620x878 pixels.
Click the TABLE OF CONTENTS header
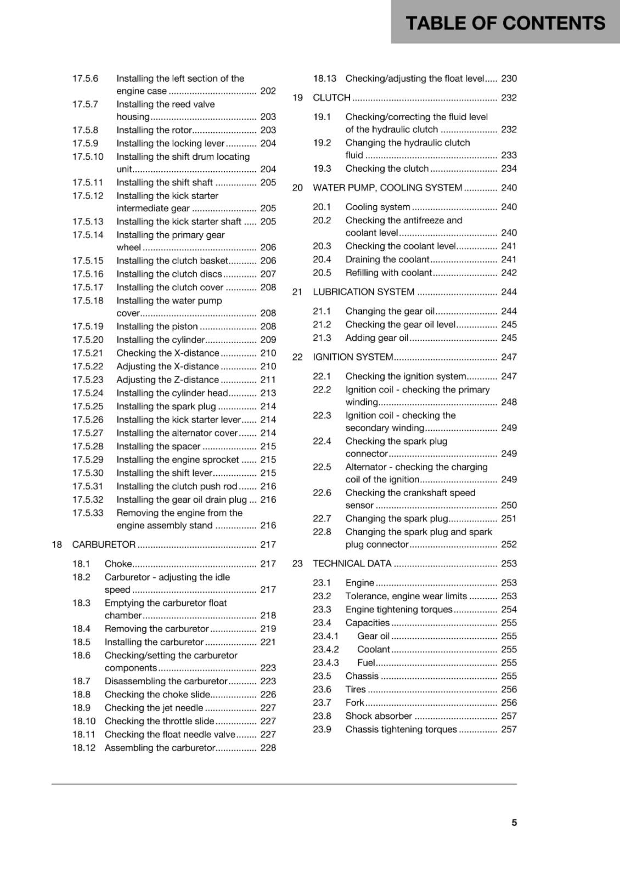[505, 23]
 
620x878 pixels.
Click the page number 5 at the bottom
[514, 823]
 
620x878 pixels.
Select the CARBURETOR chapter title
[104, 544]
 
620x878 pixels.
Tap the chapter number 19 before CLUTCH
[297, 98]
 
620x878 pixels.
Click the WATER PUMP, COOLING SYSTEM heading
[387, 188]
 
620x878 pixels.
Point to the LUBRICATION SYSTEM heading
[364, 292]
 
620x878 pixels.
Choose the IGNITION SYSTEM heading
[353, 357]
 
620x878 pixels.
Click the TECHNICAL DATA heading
[352, 564]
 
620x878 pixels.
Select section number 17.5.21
[88, 353]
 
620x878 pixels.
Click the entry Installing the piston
[157, 327]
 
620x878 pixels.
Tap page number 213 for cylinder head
[268, 393]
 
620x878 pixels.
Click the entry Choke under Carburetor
[119, 564]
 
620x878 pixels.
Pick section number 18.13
[325, 78]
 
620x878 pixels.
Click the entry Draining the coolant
[387, 260]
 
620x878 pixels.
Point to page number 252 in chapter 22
[509, 544]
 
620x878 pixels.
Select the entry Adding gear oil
[377, 338]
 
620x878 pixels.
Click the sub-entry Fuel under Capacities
[366, 663]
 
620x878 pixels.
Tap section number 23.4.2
[326, 649]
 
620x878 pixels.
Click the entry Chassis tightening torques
[401, 729]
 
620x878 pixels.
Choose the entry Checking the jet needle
[154, 708]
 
